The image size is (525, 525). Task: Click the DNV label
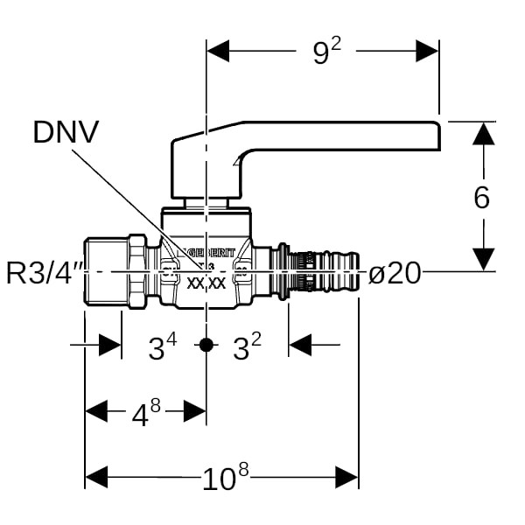[66, 132]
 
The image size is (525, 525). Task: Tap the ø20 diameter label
[395, 274]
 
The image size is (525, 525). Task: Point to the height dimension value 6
[482, 198]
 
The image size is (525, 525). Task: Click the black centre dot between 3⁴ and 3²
[206, 345]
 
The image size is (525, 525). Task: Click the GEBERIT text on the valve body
[202, 253]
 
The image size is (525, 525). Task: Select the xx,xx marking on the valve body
[206, 283]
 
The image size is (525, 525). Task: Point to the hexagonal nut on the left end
[138, 270]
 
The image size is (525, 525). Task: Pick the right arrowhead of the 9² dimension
[428, 52]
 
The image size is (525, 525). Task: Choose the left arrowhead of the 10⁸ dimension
[95, 478]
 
